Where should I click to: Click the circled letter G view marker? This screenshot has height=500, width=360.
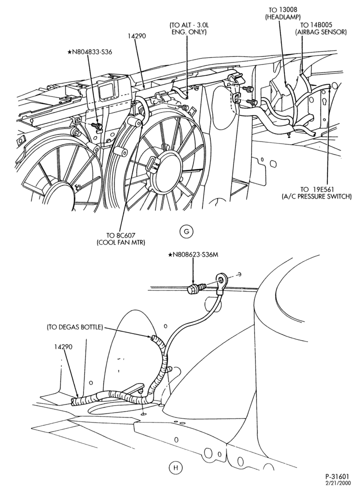point(186,231)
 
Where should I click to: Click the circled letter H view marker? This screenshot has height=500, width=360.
point(175,468)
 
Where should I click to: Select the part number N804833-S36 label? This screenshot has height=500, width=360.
point(89,51)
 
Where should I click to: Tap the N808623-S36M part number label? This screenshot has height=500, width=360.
point(194,255)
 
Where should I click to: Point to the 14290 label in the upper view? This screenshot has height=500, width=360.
point(137,36)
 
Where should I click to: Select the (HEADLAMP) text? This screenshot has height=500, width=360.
point(283,16)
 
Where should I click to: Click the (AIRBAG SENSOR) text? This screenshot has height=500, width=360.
point(321,32)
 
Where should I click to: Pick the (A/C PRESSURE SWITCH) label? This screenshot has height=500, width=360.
point(316,196)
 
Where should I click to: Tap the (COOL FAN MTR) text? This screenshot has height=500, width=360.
point(120,242)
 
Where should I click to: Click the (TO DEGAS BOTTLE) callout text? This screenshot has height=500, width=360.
point(74,327)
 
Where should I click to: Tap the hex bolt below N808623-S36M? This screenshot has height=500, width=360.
point(194,289)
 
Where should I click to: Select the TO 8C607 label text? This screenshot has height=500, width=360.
point(120,235)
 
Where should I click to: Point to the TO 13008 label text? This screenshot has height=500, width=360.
point(283,10)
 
